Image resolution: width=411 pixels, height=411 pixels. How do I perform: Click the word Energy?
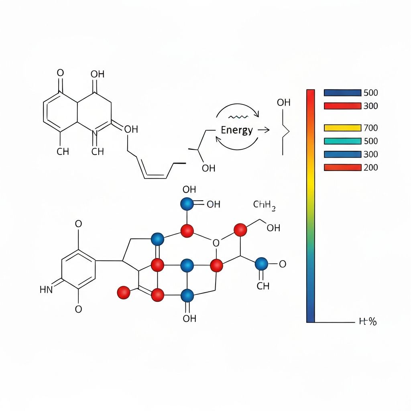pos(237,130)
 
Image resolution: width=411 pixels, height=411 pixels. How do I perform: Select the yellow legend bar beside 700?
pos(342,128)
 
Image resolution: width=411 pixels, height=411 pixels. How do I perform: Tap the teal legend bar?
pos(342,141)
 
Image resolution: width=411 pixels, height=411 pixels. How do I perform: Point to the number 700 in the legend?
pos(370,128)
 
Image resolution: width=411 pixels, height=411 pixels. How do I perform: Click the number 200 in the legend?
pos(370,167)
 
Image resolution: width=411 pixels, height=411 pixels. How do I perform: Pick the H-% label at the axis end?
pos(367,321)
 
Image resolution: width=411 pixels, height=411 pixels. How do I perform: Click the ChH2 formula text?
pos(265,206)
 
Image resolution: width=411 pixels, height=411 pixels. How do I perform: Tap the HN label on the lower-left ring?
pos(46,289)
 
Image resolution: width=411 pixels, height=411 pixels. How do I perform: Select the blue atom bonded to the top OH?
pos(187,204)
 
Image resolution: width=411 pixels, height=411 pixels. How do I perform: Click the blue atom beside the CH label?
pos(261,264)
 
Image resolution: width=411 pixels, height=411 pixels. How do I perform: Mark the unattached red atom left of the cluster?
pos(124,292)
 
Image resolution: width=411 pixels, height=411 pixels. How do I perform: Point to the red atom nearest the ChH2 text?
pos(240,229)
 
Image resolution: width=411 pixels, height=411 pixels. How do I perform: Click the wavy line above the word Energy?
pos(239,117)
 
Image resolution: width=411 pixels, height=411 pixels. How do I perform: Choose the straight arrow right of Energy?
pos(263,130)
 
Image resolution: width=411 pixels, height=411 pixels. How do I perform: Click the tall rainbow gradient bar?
pos(311,205)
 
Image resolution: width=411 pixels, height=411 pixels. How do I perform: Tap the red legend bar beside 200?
pos(342,167)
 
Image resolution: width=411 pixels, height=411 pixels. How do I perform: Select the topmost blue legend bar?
pos(342,93)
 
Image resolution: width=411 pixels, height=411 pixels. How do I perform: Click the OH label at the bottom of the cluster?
pos(189,319)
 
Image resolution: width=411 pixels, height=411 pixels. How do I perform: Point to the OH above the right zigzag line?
pos(283,103)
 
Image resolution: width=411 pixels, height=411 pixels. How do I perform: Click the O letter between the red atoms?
pos(216,243)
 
